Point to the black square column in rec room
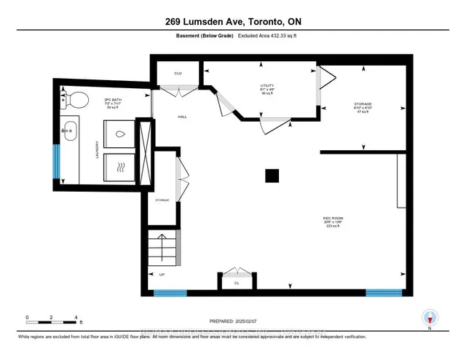272,175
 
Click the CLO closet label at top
177,74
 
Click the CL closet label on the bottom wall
237,282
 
